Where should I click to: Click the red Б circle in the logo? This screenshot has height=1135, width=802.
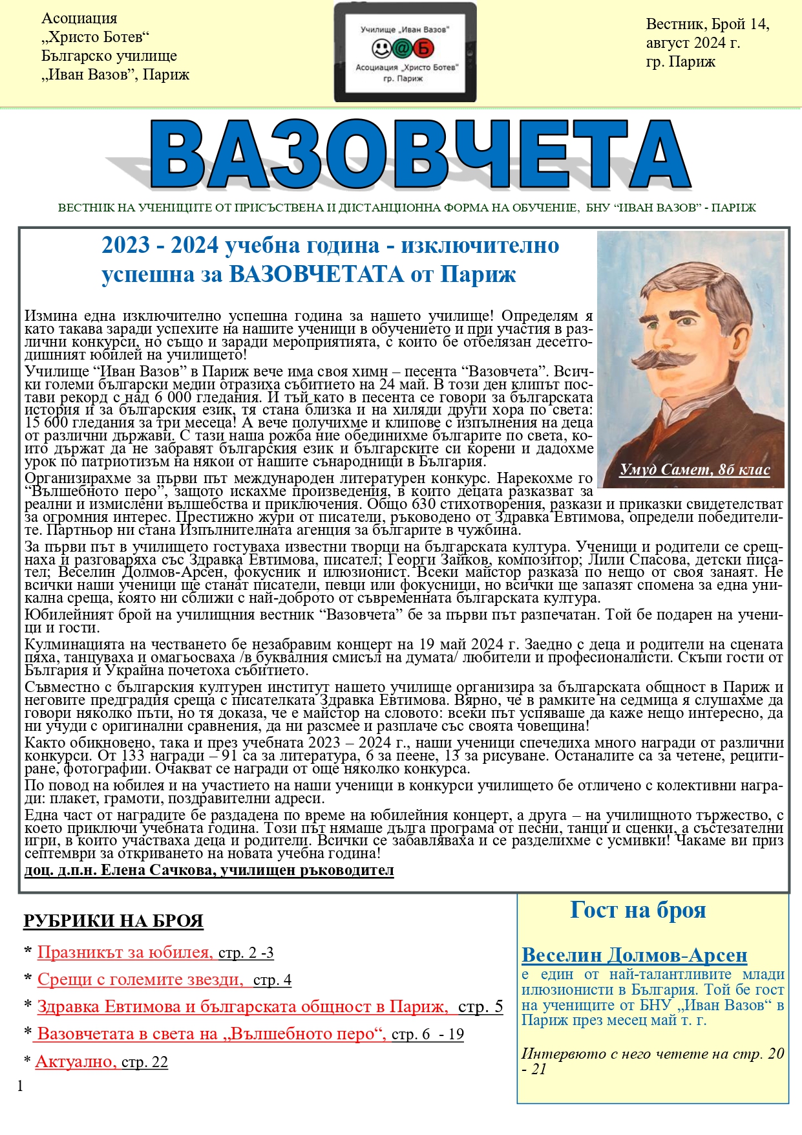pyautogui.click(x=425, y=49)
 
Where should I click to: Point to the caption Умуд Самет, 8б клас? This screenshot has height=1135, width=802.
pyautogui.click(x=695, y=470)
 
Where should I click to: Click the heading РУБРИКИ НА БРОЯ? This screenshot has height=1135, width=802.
pyautogui.click(x=113, y=921)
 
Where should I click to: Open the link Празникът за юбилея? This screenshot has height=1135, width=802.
pyautogui.click(x=125, y=953)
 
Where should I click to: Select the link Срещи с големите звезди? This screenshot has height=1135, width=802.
pyautogui.click(x=140, y=980)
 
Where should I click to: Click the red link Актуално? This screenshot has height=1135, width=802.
pyautogui.click(x=76, y=1062)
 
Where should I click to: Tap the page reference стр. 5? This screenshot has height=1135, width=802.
pyautogui.click(x=480, y=1007)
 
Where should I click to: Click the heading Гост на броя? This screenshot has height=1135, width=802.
pyautogui.click(x=638, y=911)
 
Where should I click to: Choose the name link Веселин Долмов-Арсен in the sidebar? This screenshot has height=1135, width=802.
pyautogui.click(x=634, y=955)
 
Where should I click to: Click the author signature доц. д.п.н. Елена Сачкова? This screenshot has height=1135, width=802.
pyautogui.click(x=209, y=870)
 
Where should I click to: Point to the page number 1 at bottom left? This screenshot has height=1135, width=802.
pyautogui.click(x=20, y=1086)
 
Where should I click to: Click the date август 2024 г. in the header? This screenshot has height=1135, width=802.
pyautogui.click(x=693, y=43)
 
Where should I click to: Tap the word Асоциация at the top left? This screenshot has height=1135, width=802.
pyautogui.click(x=79, y=19)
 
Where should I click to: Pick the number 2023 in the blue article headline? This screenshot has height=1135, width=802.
pyautogui.click(x=125, y=246)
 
